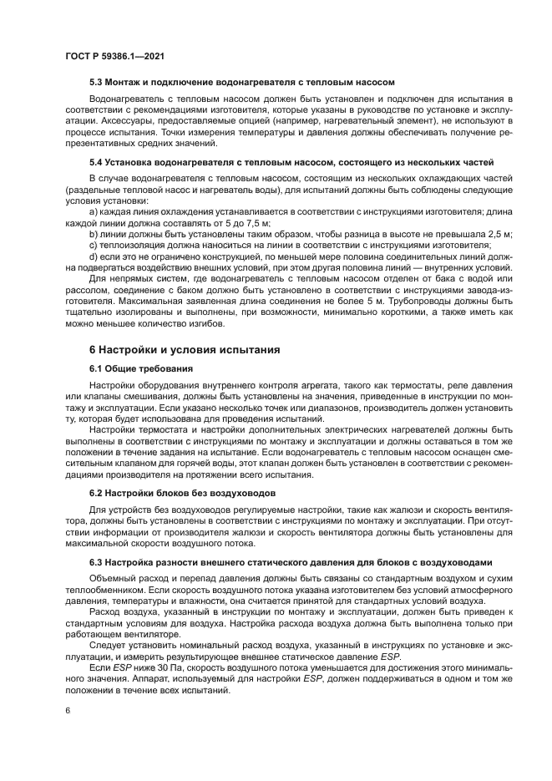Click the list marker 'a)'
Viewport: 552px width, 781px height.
(94, 212)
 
